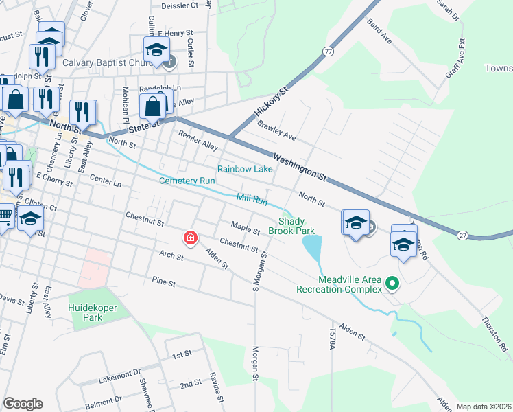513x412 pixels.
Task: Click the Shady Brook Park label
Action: [x=296, y=226]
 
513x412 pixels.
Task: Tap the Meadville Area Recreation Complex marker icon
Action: [x=392, y=283]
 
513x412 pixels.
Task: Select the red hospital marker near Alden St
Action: [x=190, y=238]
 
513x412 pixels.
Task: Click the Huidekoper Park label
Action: [x=94, y=312]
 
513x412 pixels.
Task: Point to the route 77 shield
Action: [x=329, y=51]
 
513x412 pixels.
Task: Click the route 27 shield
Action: [x=462, y=235]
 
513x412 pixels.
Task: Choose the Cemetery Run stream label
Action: [x=187, y=181]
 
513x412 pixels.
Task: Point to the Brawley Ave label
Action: [x=276, y=131]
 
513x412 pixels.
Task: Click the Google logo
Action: [x=23, y=404]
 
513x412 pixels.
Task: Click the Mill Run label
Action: [x=251, y=199]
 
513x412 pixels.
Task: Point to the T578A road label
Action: [x=333, y=339]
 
